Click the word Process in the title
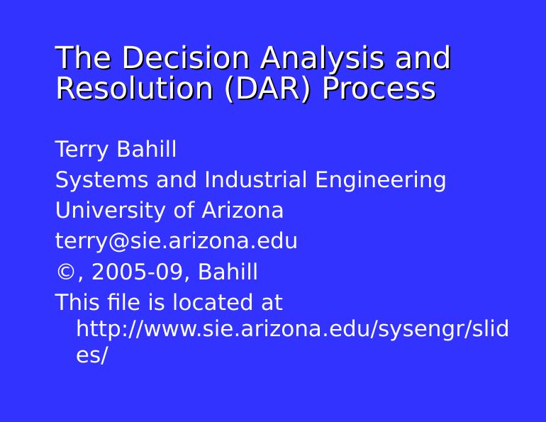379,89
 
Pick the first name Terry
82,150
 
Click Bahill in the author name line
145,150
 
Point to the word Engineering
381,181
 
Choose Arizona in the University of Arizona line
243,211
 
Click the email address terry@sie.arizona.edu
176,242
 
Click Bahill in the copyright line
228,272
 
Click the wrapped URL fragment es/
91,356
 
